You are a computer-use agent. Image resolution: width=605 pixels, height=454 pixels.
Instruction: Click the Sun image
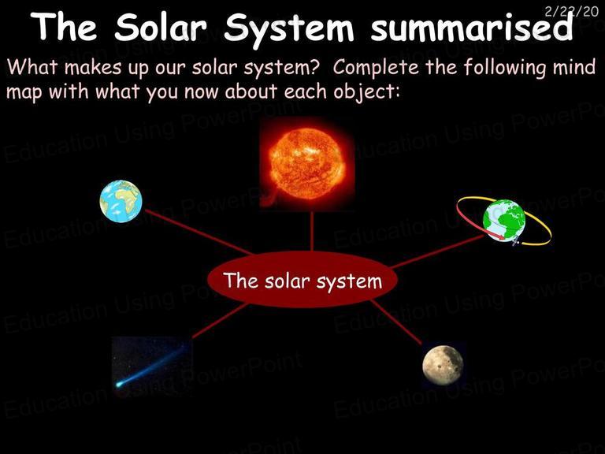[307, 164]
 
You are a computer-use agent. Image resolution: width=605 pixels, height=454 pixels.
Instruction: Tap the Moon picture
[443, 365]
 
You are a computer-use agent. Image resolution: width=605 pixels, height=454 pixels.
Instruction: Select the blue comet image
[151, 366]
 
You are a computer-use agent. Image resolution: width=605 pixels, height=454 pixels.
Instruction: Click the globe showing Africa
[121, 201]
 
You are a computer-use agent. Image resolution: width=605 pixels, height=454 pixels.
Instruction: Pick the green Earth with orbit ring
[504, 221]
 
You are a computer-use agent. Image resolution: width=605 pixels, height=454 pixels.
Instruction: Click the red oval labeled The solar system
[302, 280]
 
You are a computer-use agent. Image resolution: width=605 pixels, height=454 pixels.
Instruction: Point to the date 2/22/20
[571, 11]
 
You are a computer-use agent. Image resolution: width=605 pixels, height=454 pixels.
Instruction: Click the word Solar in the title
[161, 28]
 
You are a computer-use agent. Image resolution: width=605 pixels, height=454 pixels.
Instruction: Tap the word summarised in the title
[472, 28]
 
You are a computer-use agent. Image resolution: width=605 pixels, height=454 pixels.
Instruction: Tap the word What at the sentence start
[32, 67]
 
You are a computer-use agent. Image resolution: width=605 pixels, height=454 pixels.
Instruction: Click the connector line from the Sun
[311, 231]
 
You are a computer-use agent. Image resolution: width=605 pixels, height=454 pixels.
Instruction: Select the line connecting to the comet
[220, 321]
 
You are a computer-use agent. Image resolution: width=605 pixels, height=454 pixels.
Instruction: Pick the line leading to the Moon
[396, 322]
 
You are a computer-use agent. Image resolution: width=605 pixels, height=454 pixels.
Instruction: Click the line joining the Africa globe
[199, 232]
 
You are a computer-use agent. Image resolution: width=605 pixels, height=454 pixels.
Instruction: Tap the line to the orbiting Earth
[436, 251]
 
